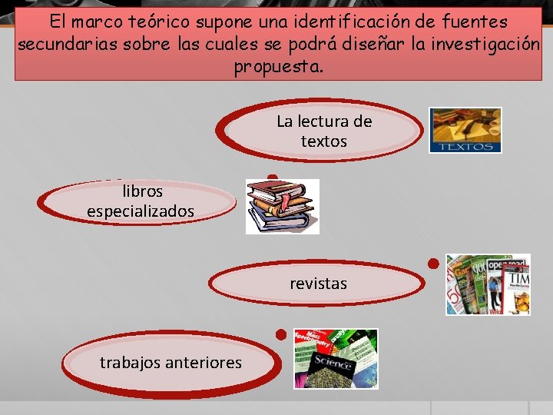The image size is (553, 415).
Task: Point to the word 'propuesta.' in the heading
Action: coord(279,66)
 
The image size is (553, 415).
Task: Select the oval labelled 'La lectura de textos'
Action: coord(323,131)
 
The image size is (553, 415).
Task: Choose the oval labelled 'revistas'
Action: coord(318,284)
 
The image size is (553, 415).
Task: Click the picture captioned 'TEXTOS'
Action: coord(465,130)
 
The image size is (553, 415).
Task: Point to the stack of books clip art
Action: coord(281,206)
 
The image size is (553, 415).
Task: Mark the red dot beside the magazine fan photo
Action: coord(433,264)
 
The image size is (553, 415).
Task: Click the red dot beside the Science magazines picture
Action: coord(281,335)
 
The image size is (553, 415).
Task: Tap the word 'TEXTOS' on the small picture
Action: coord(465,145)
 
